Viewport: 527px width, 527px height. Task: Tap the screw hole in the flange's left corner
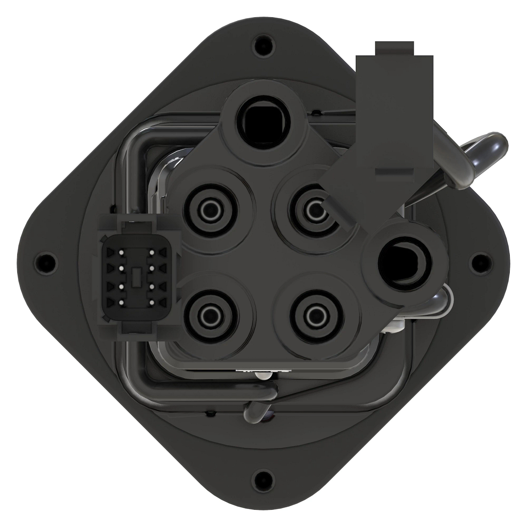[46, 262]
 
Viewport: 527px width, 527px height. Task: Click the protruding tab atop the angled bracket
[394, 48]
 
